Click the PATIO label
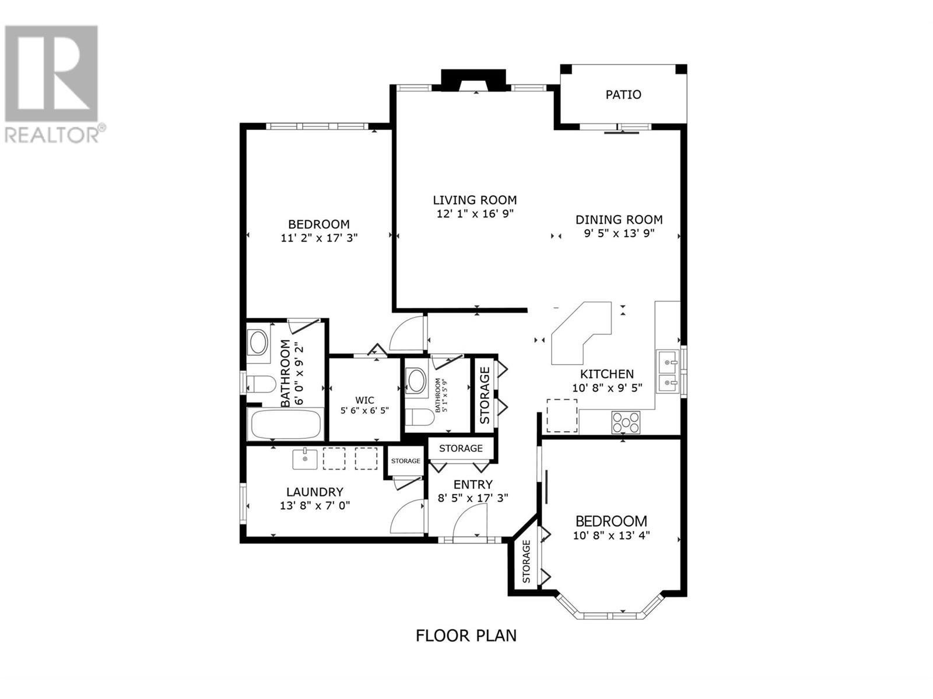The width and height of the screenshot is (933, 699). [623, 94]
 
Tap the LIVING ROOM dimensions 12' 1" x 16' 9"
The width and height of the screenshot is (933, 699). [475, 213]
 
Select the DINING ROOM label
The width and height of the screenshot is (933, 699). [619, 220]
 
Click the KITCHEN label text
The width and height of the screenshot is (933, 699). [607, 374]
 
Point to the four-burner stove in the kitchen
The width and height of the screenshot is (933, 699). [626, 422]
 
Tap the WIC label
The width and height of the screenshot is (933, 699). [364, 400]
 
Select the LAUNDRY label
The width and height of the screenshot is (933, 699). [314, 492]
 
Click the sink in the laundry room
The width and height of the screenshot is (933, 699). [305, 459]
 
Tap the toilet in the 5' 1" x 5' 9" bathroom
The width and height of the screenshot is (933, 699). [419, 417]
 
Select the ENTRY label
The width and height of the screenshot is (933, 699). [473, 484]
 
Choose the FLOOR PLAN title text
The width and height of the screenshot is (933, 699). [466, 648]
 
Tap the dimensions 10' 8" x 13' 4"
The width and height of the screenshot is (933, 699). [611, 535]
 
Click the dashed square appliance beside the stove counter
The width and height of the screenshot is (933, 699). [562, 415]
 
